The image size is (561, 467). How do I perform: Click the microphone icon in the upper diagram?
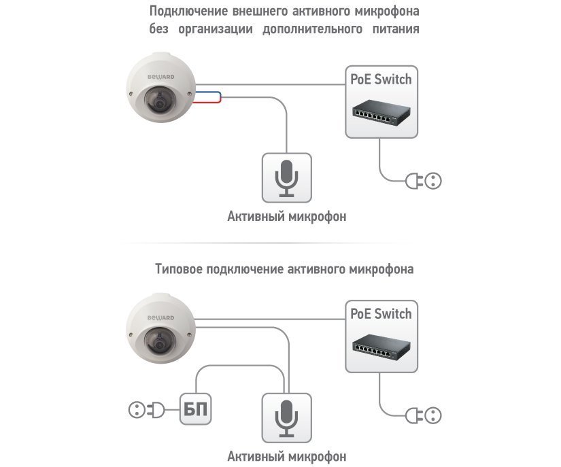point(286,178)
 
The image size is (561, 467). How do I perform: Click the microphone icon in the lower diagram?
point(286,417)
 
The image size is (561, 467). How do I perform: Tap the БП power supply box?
point(197,410)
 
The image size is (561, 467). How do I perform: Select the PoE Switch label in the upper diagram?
point(381,79)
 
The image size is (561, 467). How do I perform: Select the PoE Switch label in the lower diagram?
point(381,314)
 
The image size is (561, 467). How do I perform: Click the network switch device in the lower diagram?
point(379,347)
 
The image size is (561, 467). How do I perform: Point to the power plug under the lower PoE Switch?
point(424,415)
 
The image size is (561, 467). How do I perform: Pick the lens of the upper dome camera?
point(159,104)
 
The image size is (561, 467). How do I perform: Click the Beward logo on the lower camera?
point(161,317)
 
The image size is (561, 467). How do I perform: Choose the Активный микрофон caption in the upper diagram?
point(286,218)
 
